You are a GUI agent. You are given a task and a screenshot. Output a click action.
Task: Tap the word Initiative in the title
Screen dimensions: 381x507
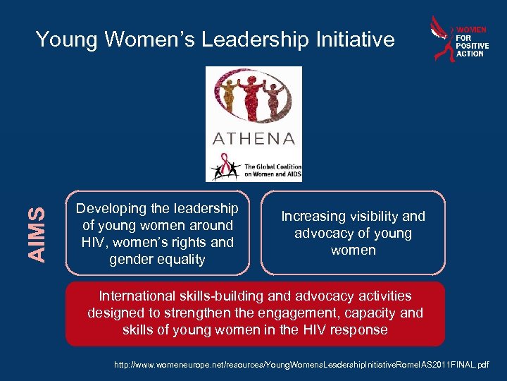point(354,40)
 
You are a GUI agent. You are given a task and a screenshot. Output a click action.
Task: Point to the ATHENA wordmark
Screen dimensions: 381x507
point(254,138)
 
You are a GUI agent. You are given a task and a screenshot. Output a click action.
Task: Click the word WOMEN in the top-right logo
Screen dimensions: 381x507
point(471,30)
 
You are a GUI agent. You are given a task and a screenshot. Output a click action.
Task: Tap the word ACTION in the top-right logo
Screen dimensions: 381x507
point(470,54)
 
